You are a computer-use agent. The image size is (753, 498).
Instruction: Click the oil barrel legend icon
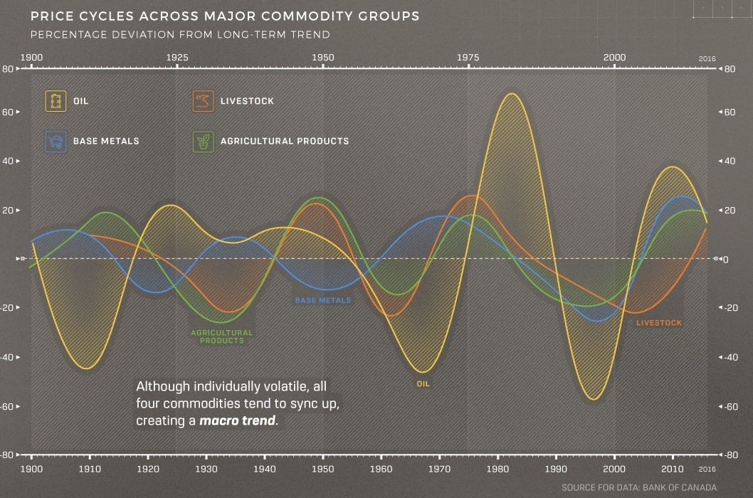(x=56, y=101)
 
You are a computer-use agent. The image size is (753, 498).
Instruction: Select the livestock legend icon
(x=204, y=101)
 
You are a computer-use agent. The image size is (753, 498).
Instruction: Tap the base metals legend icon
(x=56, y=141)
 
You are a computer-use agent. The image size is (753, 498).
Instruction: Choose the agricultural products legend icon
(x=204, y=141)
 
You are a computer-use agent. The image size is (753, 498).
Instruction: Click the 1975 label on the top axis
(x=468, y=58)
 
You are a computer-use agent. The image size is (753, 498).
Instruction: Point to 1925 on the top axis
(x=177, y=58)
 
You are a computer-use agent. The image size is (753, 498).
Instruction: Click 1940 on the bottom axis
(x=265, y=470)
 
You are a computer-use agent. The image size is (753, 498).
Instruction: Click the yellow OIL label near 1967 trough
(x=423, y=384)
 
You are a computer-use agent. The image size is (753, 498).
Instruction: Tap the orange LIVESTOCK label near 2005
(x=658, y=323)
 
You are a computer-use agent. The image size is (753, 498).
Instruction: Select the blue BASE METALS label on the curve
(x=322, y=301)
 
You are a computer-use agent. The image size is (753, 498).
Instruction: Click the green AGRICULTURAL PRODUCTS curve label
(x=221, y=337)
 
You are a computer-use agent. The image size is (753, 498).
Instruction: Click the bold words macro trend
(x=237, y=420)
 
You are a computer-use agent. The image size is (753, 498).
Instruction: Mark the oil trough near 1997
(x=591, y=399)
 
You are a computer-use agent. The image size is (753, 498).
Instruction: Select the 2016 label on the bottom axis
(x=707, y=470)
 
